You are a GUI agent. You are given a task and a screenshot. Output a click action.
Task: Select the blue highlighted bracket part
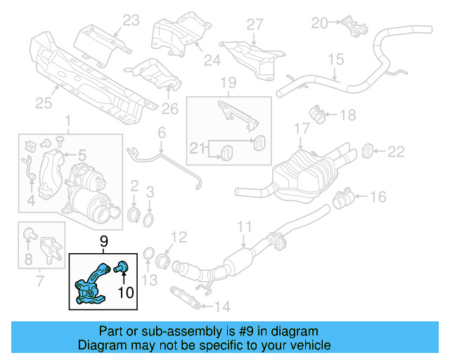(x=92, y=285)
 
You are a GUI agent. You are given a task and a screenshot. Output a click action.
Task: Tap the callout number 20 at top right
(x=319, y=23)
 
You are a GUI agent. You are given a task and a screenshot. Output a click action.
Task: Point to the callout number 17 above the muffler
(x=301, y=129)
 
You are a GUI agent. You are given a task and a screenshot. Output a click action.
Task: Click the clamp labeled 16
(x=345, y=200)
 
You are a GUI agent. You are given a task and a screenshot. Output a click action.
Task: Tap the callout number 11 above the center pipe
(x=243, y=227)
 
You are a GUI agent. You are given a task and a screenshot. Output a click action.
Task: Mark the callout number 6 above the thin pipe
(x=161, y=132)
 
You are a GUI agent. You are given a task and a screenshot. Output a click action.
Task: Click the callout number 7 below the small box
(x=39, y=283)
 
